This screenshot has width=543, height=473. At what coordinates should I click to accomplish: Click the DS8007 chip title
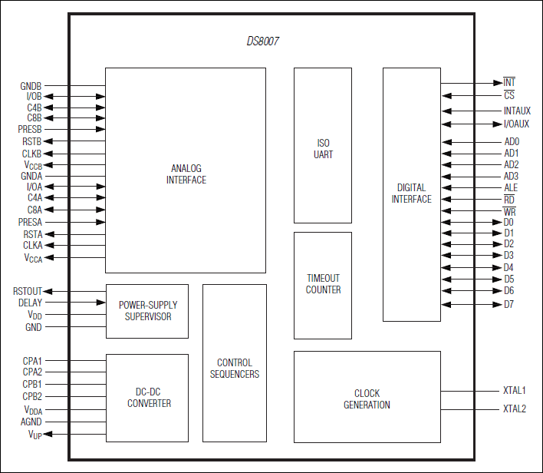coord(262,41)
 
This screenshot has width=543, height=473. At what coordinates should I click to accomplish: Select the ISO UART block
coord(323,145)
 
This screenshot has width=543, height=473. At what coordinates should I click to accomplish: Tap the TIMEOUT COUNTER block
coord(323,286)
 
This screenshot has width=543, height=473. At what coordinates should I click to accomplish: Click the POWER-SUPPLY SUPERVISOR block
coord(147,311)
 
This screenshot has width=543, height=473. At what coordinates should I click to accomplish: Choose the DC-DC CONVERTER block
coord(147,398)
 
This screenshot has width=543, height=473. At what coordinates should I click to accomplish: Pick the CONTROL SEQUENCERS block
coord(235,363)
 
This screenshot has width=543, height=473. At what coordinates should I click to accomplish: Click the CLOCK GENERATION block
coord(367,397)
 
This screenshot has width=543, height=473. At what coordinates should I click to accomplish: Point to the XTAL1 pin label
coord(515,391)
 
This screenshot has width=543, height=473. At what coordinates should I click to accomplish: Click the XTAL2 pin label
coord(515,408)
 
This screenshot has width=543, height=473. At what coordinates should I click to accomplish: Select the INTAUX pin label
coord(517,111)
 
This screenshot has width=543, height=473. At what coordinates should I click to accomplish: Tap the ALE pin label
coord(511,187)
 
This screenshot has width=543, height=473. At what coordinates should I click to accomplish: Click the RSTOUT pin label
coord(28,291)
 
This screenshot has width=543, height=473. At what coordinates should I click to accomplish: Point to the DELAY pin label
coord(30,303)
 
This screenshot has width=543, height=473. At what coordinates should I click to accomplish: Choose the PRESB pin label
coord(30,129)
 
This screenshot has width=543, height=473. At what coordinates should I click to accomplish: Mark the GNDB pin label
coord(31,86)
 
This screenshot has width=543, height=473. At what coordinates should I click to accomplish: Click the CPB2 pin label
coord(32,396)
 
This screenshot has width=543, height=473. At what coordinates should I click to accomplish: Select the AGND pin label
coord(31,422)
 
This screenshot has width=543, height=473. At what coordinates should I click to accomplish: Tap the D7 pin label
coord(508,305)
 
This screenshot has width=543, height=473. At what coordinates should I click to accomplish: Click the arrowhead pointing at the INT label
coord(498,83)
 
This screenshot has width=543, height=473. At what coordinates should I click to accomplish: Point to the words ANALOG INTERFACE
coord(186,174)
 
